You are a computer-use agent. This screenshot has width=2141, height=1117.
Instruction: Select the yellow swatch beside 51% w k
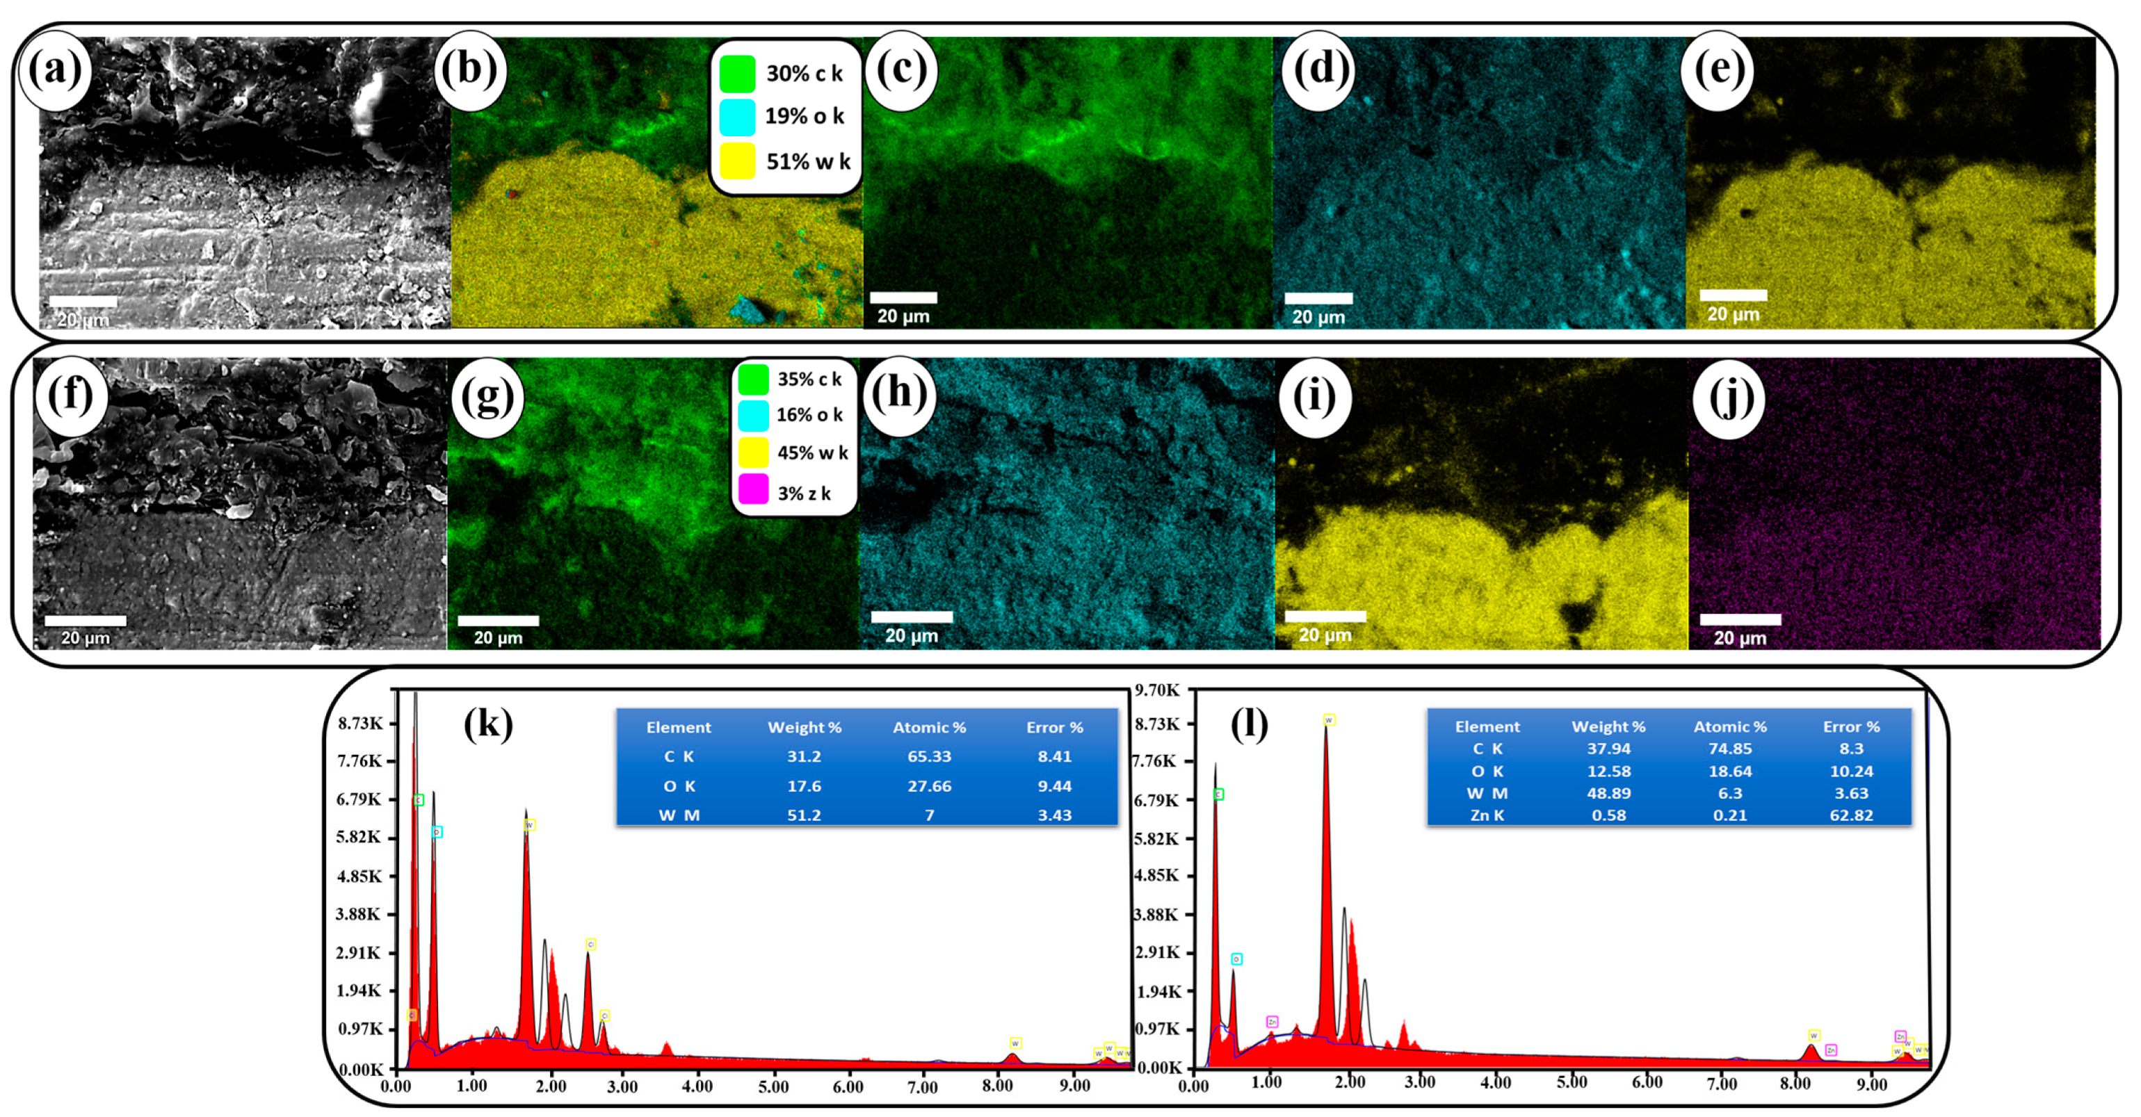(x=737, y=161)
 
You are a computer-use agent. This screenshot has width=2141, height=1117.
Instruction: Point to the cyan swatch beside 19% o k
(x=737, y=116)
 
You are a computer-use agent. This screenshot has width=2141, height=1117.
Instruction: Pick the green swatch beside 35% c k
(x=753, y=379)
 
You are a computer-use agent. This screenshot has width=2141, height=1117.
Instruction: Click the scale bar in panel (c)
(x=903, y=297)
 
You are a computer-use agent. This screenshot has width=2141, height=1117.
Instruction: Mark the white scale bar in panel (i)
(x=1325, y=617)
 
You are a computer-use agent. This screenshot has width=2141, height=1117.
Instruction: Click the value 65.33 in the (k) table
(x=929, y=756)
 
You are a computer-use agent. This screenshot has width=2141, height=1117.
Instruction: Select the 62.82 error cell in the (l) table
(x=1851, y=815)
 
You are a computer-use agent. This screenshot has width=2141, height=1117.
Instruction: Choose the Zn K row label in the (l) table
(x=1487, y=815)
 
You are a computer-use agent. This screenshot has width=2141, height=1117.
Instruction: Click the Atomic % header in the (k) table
(x=929, y=727)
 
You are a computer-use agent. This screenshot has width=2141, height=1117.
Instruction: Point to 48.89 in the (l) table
(x=1608, y=793)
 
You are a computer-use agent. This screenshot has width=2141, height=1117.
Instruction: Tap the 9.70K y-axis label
(x=1157, y=690)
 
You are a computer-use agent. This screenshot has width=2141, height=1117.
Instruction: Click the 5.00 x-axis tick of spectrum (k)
(x=773, y=1086)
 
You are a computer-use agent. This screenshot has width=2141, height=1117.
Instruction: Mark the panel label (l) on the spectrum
(x=1249, y=725)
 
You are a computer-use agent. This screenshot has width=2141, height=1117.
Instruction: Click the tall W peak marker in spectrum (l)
(x=1329, y=719)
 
